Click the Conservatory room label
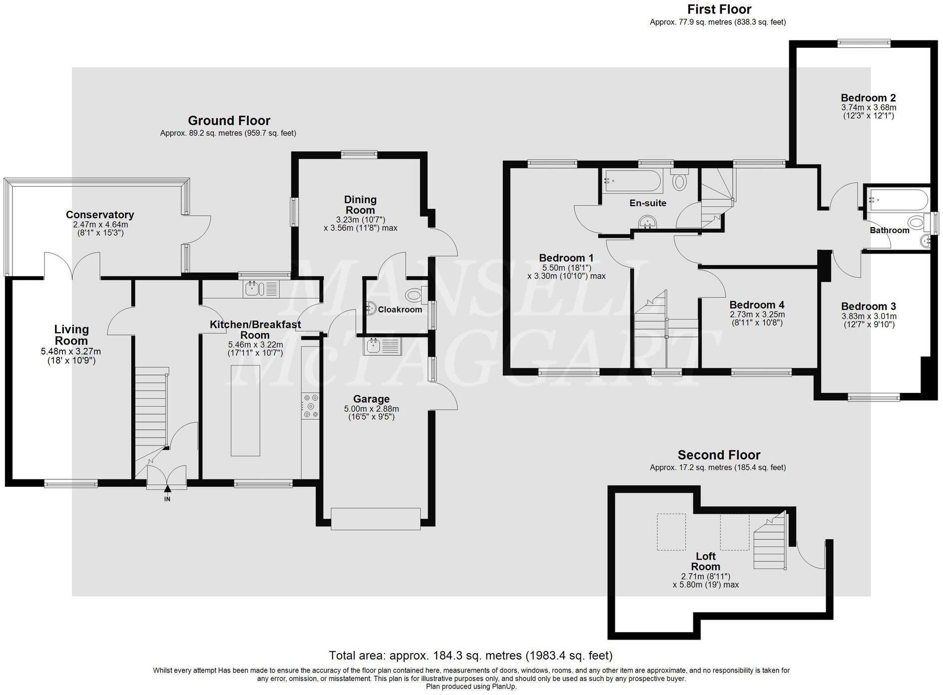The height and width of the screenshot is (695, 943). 100,215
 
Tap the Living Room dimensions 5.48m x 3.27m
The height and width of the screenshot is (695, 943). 71,352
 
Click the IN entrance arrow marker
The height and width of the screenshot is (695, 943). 167,492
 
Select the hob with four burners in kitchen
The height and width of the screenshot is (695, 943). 310,406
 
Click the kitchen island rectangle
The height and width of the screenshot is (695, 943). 245,410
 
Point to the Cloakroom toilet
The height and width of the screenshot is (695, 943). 415,295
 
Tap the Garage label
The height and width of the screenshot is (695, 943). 371,399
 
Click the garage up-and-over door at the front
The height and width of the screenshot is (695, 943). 376,519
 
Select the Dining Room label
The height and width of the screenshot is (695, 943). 360,205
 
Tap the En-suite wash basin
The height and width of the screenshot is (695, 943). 648,222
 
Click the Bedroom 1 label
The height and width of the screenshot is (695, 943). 566,258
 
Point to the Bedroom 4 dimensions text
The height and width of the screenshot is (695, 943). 757,319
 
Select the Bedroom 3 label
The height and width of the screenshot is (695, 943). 869,307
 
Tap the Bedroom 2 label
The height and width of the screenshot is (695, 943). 868,98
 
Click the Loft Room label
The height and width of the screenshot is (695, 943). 705,561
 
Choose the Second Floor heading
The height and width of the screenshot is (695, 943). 718,455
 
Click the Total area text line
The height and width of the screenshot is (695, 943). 471,655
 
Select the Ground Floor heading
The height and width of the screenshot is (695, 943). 229,120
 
